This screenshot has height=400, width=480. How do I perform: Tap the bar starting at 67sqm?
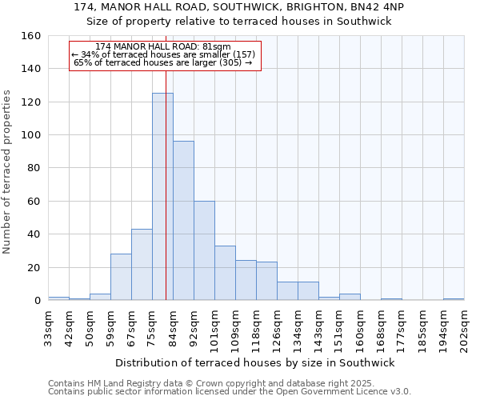pos(142,264)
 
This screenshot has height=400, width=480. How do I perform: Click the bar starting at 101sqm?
pos(225,273)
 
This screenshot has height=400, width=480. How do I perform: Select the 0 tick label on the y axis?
pos(38,300)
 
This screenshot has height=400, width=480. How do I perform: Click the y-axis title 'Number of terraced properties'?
pos(8,171)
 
